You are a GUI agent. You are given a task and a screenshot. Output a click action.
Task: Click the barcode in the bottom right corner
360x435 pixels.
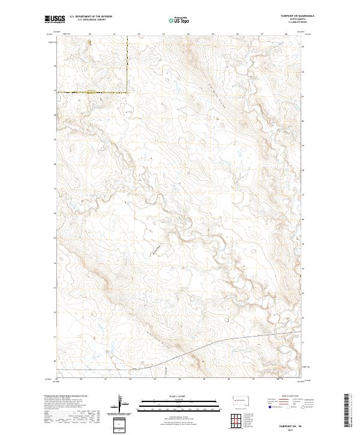pos(347,409)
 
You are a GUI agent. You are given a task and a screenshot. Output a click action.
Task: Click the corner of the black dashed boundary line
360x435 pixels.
pos(127,92)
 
